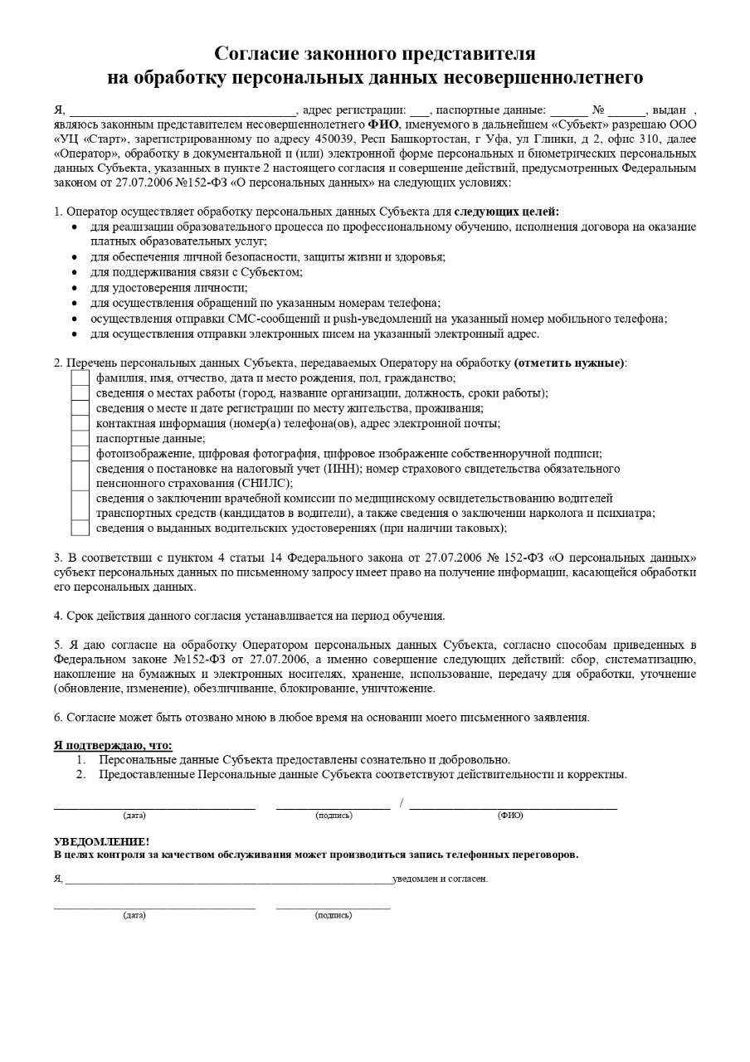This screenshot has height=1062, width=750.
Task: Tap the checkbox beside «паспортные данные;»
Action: pos(80,438)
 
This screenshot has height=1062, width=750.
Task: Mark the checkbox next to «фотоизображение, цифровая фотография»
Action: pos(80,453)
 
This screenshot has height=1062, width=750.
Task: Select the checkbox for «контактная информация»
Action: pos(80,423)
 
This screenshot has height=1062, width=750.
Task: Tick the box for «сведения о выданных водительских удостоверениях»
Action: pos(80,528)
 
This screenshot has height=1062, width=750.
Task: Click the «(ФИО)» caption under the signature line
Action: pos(510,816)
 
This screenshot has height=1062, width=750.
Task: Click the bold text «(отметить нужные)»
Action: pos(569,363)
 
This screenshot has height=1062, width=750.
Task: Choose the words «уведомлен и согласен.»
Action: pos(440,878)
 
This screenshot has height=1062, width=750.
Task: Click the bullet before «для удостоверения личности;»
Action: pos(75,287)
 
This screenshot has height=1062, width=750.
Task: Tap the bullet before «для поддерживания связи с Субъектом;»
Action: pos(75,272)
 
